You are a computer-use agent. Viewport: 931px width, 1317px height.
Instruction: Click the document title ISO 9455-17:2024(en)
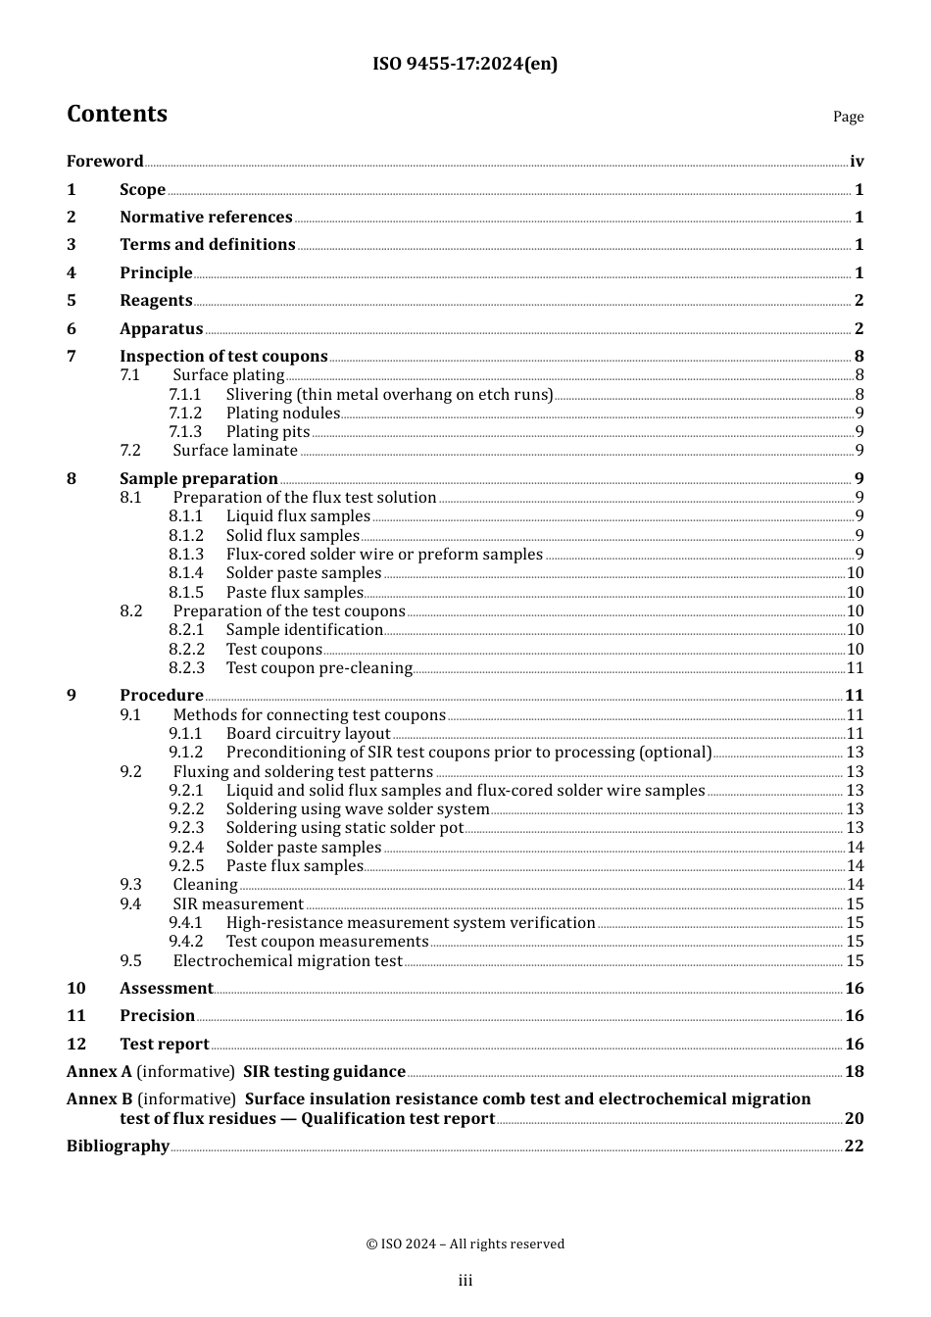465,65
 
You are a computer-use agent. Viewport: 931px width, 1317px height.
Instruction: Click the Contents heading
117,115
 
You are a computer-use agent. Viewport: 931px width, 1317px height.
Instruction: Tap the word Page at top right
848,117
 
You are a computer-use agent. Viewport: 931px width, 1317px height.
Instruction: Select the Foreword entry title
105,162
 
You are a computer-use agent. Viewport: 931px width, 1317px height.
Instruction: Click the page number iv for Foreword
857,162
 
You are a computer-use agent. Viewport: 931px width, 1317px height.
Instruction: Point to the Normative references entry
206,218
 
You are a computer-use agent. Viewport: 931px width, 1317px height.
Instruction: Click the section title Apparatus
161,329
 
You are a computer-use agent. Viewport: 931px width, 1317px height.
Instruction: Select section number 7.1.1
185,395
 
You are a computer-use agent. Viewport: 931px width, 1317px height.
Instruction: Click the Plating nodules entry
282,414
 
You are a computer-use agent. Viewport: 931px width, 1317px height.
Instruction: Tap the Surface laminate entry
235,451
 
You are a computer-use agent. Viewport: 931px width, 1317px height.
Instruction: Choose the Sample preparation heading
199,479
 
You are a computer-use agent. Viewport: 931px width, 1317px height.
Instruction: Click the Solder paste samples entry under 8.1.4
304,573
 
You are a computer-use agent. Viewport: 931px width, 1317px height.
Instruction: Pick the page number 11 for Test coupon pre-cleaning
855,668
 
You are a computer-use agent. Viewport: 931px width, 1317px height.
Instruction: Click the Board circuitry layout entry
308,734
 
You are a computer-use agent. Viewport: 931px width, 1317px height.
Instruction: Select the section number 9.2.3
186,828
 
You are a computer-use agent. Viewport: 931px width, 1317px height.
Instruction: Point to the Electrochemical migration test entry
287,961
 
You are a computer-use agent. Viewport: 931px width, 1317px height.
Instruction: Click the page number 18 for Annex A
855,1072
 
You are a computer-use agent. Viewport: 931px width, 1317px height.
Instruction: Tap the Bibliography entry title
118,1146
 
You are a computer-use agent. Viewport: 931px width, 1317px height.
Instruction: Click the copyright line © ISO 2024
465,1244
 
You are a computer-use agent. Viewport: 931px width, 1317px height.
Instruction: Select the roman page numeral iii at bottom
465,1281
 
